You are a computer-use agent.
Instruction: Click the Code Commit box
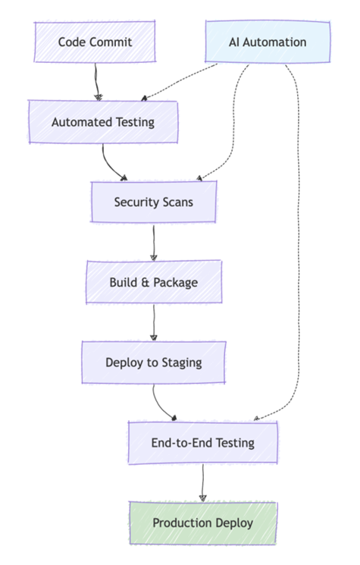tap(95, 42)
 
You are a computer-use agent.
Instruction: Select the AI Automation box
tap(268, 42)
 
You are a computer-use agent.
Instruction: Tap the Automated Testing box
tap(103, 122)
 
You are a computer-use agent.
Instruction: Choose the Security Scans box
tap(154, 202)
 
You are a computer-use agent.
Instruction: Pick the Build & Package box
tap(154, 282)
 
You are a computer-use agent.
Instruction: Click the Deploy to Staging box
tap(154, 363)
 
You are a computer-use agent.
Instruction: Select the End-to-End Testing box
tap(203, 442)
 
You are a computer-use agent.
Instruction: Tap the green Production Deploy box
tap(203, 523)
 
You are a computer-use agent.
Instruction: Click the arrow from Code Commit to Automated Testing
tap(96, 82)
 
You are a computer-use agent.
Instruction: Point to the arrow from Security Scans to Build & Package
tap(154, 242)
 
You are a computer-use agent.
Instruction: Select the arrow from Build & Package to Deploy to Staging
tap(154, 322)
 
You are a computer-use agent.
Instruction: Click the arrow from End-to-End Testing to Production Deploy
tap(202, 483)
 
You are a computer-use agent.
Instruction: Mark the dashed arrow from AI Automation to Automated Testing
tap(180, 82)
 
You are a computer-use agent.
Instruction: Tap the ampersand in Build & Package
tap(145, 282)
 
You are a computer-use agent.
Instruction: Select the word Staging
tap(182, 363)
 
